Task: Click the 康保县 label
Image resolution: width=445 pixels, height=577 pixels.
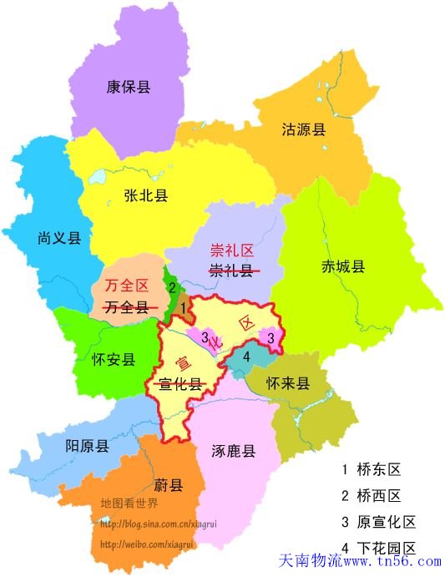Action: point(128,86)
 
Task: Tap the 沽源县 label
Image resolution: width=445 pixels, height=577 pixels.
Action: point(303,129)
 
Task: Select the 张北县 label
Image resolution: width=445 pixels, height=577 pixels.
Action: point(145,196)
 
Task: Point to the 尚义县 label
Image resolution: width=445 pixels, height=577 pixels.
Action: point(59,238)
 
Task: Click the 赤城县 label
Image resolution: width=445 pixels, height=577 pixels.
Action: point(342,267)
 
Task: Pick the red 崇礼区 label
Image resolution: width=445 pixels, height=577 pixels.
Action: point(231,250)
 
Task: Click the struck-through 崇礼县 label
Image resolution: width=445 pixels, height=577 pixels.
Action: point(231,270)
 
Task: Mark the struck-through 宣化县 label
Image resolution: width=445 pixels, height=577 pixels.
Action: point(181,384)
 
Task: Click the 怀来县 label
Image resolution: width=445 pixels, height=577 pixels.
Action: point(288,384)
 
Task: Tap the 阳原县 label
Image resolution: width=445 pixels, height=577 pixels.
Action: point(87,446)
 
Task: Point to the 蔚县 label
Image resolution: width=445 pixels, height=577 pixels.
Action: point(168,484)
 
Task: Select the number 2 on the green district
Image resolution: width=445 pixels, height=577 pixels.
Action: point(172,288)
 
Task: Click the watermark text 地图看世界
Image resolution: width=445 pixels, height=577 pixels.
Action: point(129,504)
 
